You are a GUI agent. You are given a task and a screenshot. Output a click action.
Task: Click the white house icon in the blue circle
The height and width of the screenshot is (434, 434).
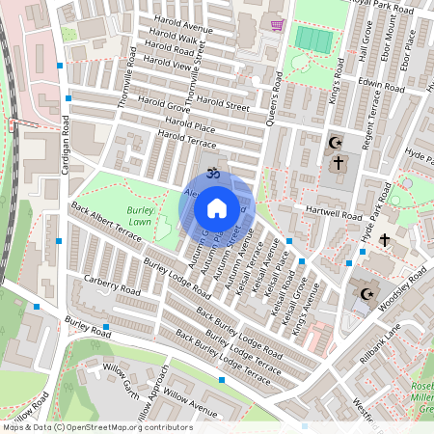pos(217,208)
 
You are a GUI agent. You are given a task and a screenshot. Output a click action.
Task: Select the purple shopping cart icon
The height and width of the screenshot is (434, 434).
pos(278,25)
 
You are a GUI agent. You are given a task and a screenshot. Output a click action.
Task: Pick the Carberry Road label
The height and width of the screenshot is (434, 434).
pos(111,288)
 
